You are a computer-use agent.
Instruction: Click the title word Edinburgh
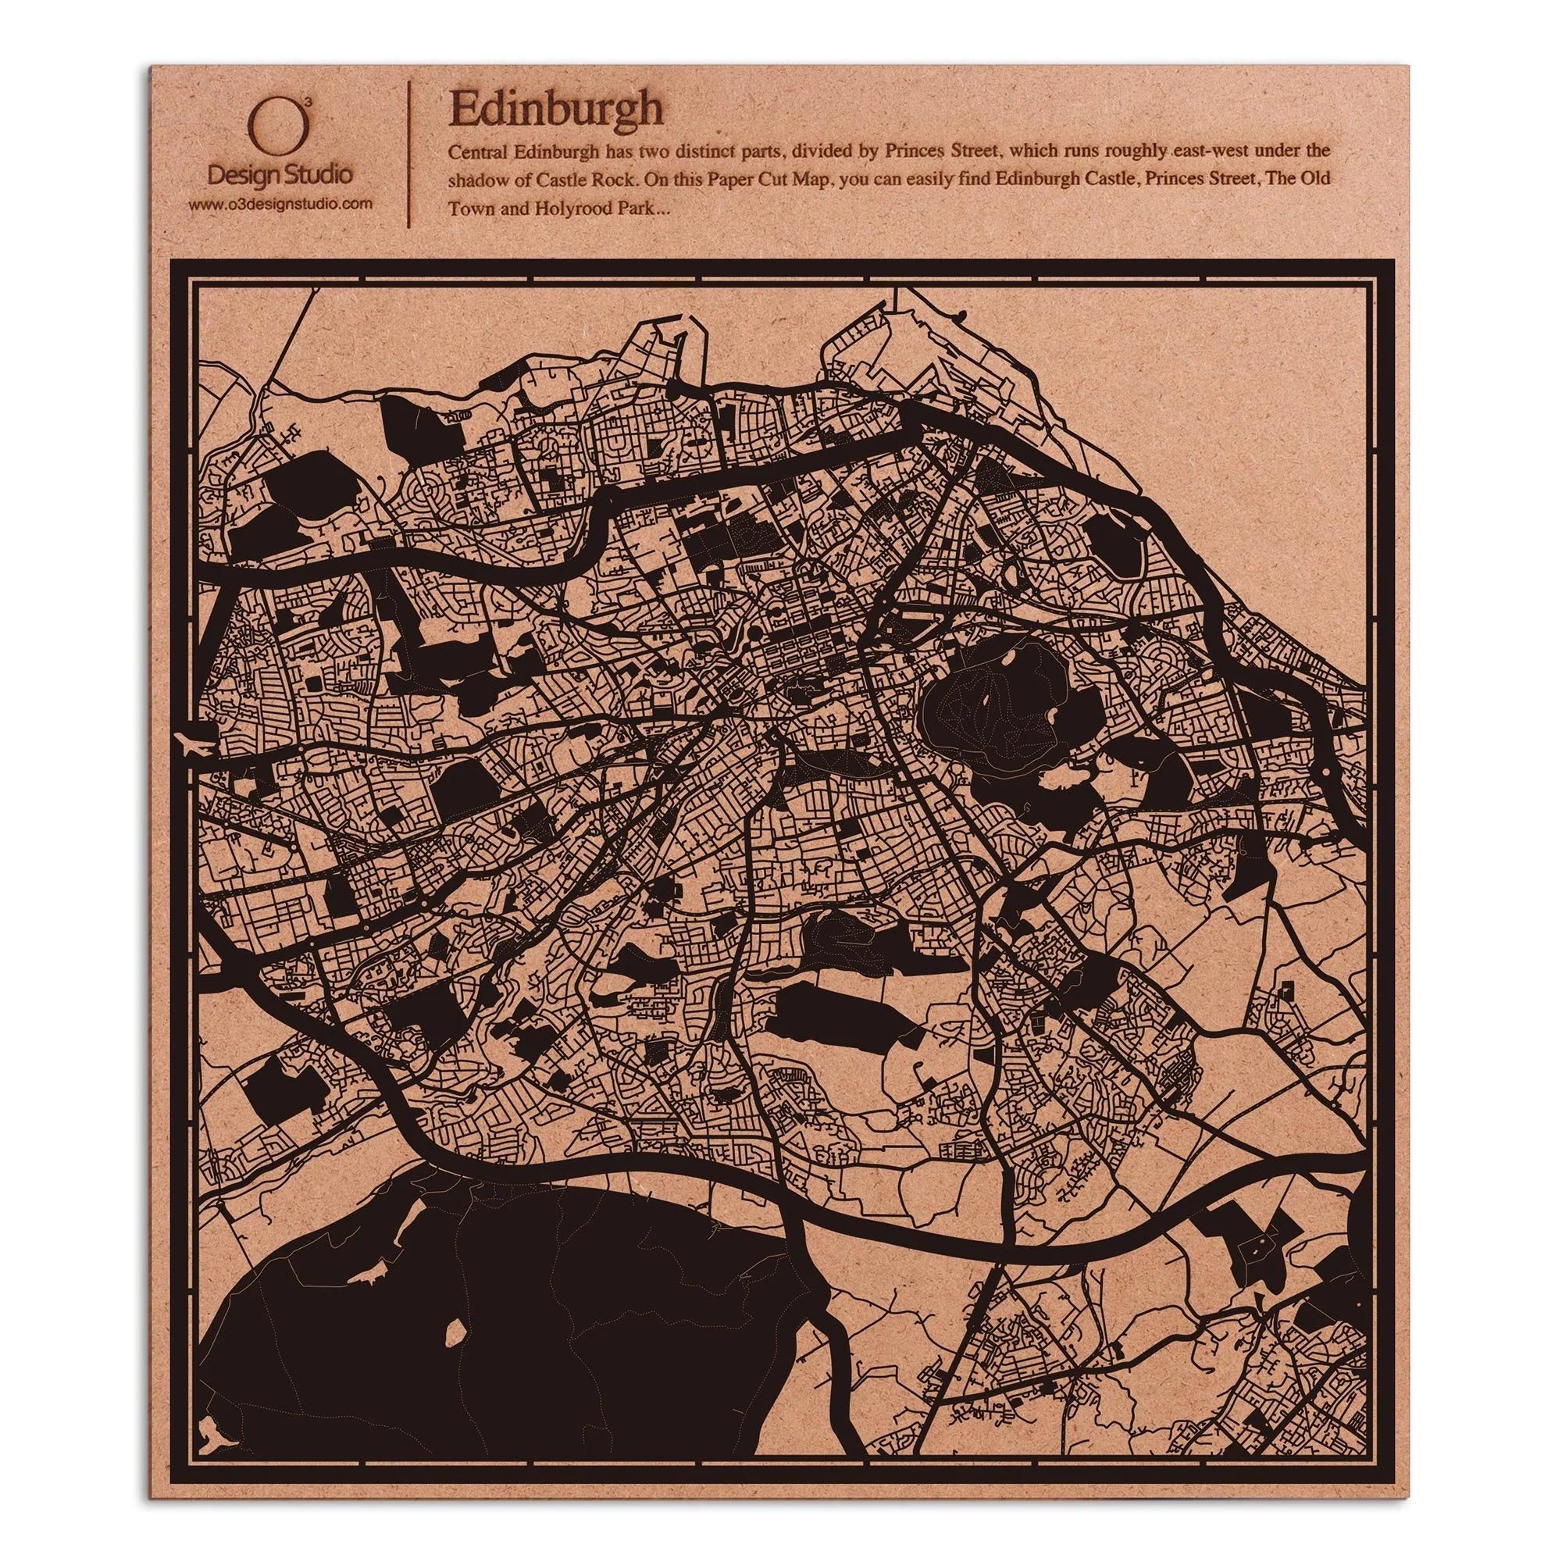(x=555, y=109)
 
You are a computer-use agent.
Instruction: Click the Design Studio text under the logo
(x=279, y=174)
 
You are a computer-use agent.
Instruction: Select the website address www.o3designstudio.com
(x=280, y=205)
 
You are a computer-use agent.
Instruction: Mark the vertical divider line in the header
(x=411, y=152)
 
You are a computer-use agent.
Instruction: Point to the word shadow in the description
(x=483, y=178)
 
